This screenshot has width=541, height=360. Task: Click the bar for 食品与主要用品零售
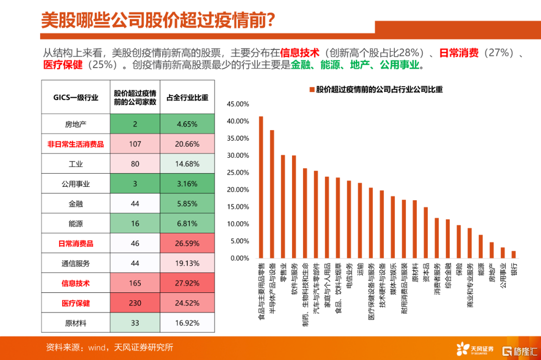(261, 187)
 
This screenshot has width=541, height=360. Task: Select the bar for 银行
(513, 254)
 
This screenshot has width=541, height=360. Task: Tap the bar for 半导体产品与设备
(272, 194)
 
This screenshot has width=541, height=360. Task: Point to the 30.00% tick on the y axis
(238, 155)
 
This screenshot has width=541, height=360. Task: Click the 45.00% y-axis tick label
(238, 104)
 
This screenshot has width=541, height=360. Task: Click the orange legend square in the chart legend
(312, 90)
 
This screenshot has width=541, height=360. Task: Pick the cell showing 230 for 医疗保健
(135, 303)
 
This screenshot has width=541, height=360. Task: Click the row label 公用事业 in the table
(76, 184)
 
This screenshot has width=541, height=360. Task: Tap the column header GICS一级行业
(76, 98)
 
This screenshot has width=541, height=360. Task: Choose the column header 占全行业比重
(187, 98)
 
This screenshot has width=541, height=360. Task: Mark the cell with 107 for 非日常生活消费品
(135, 144)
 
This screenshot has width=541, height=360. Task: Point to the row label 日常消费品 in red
(76, 244)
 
